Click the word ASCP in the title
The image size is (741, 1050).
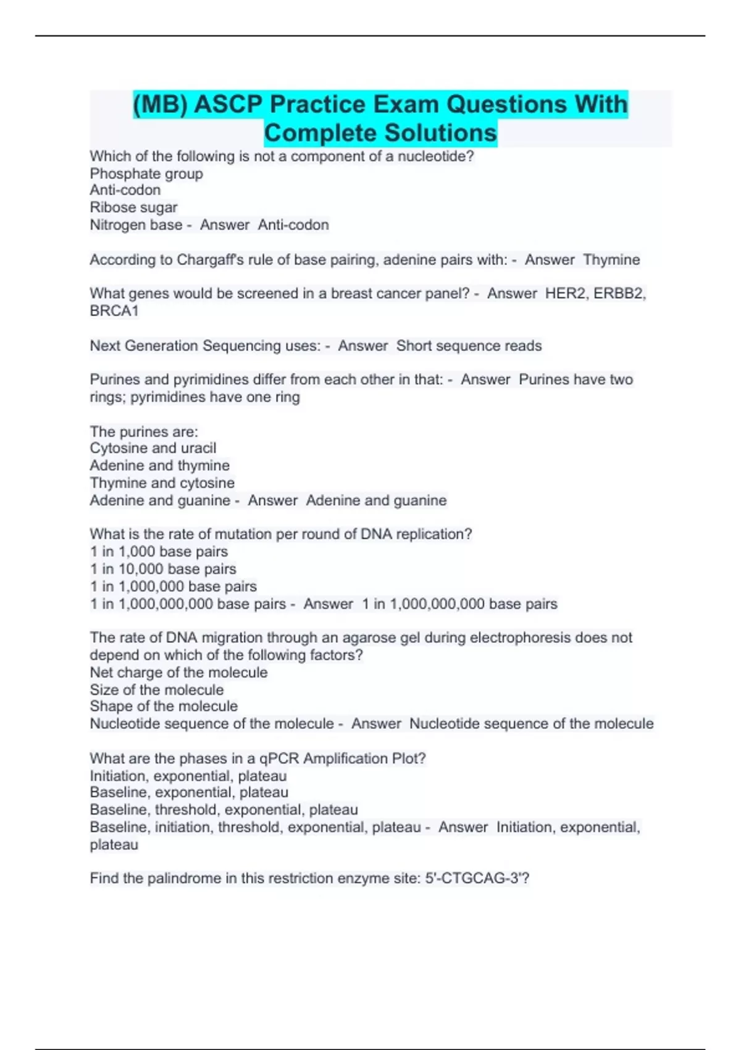(228, 104)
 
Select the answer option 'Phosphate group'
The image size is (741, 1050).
(146, 174)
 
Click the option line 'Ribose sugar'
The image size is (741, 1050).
(133, 208)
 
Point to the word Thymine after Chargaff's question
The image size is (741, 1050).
(611, 259)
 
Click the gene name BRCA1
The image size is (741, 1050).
(114, 311)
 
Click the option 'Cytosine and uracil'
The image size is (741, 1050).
(153, 448)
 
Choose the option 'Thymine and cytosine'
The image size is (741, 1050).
(162, 482)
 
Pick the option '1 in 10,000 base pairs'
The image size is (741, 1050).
(163, 569)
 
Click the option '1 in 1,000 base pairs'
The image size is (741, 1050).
(159, 552)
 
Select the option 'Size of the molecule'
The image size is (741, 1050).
(156, 690)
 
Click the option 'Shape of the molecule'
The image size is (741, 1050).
(163, 706)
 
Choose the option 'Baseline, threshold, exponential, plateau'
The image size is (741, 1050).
(224, 810)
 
